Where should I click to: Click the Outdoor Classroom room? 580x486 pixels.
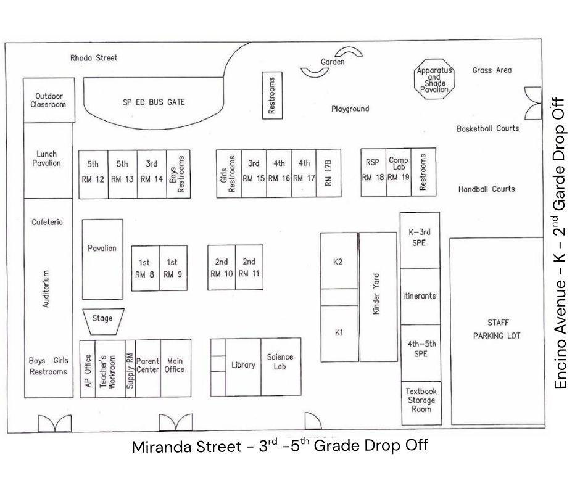[49, 101]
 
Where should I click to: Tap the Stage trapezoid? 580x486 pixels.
[103, 321]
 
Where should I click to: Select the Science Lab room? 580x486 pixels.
[281, 366]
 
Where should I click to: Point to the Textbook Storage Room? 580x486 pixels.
[421, 403]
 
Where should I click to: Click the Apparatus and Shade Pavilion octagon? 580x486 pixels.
[434, 79]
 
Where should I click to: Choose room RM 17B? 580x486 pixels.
[328, 173]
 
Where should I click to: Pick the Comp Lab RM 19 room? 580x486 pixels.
[399, 172]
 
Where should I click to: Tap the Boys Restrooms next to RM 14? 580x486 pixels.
[178, 174]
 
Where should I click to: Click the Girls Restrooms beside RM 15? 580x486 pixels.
[229, 173]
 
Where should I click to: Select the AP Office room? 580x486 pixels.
[88, 369]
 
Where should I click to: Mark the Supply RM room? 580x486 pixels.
[130, 369]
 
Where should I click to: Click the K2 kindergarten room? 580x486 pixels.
[339, 261]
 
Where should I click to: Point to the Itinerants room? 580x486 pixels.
[420, 296]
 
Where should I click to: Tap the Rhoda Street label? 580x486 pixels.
[94, 58]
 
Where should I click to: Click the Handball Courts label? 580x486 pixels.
[486, 189]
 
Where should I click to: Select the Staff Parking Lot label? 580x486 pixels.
[497, 329]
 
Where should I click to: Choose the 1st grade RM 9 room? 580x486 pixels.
[173, 268]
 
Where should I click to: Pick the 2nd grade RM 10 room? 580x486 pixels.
[222, 268]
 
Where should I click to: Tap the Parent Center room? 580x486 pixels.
[148, 368]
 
